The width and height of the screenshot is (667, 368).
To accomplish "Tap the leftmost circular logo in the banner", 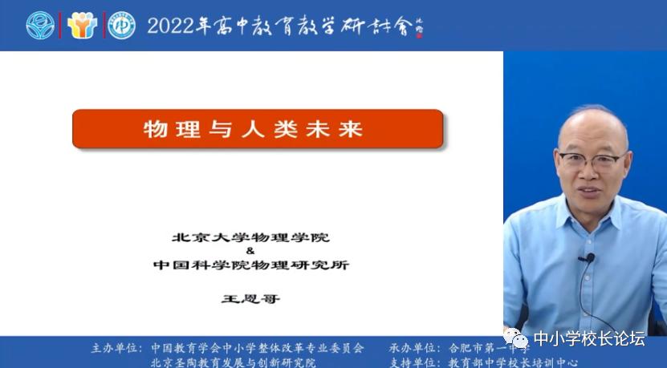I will [x=40, y=26].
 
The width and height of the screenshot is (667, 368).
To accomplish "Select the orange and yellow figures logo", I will [x=82, y=26].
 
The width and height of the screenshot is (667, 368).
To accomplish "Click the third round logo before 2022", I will [x=122, y=26].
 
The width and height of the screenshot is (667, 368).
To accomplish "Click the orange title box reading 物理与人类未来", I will [x=258, y=129].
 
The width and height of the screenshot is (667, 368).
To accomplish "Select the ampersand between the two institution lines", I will [x=250, y=250].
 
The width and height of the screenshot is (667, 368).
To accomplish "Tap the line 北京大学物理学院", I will [x=250, y=238].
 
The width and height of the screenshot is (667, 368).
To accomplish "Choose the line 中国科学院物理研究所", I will [x=250, y=265].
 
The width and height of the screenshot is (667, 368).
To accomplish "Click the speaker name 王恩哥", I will [x=250, y=298].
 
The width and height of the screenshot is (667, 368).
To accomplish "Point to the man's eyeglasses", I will [x=592, y=159].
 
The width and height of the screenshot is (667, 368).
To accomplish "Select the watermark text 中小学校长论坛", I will [x=589, y=338].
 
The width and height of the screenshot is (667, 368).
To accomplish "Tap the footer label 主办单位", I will [x=113, y=349].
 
